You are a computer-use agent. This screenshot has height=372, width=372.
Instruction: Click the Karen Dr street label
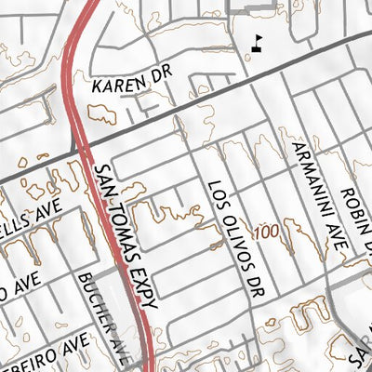tap(133, 85)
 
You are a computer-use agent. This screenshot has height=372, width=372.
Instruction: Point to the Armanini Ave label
tap(318, 194)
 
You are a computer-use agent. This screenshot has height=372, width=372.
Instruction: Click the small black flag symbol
tap(259, 41)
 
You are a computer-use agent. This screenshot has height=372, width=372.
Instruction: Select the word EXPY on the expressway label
tap(147, 289)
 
